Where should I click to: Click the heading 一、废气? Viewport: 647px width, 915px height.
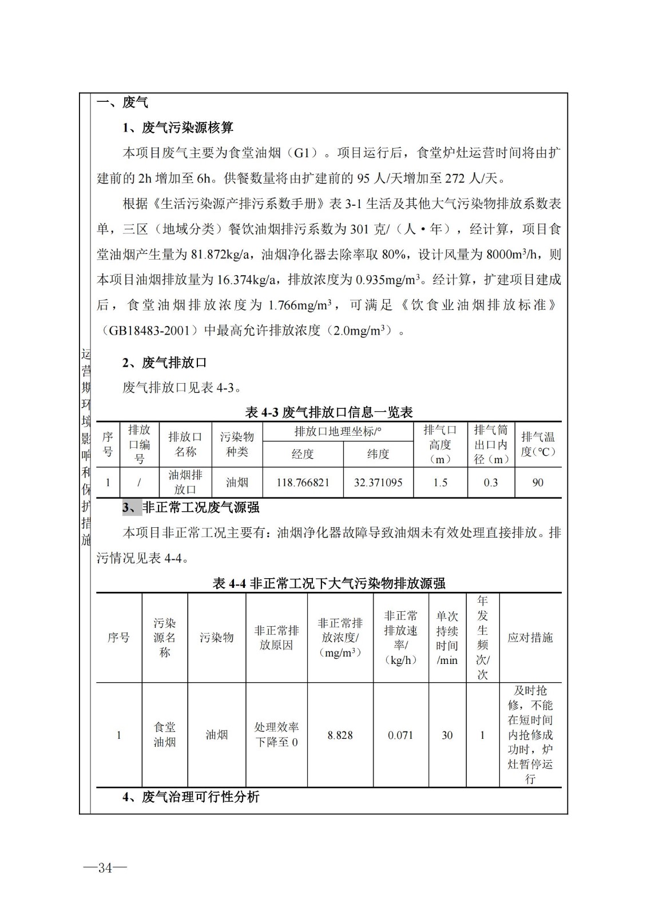[122, 102]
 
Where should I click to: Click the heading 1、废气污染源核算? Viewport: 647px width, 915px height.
[178, 128]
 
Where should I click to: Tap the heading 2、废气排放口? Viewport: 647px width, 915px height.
[165, 363]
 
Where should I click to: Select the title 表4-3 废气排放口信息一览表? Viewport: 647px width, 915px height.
[329, 412]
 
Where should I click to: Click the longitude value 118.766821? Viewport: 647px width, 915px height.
[303, 483]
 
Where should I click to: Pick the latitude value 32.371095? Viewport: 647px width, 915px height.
[378, 483]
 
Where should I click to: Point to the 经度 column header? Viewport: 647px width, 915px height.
[303, 454]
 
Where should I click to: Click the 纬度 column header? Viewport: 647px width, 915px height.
[378, 454]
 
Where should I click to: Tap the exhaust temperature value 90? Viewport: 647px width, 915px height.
[538, 483]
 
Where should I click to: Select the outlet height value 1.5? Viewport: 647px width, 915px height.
[440, 483]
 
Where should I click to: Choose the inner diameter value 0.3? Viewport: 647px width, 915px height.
[491, 483]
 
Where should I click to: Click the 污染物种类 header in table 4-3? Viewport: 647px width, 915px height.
[237, 444]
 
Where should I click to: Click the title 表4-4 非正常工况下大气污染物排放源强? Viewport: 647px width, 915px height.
[329, 583]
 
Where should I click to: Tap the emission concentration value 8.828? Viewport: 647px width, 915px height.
[340, 735]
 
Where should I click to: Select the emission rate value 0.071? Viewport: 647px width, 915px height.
[400, 735]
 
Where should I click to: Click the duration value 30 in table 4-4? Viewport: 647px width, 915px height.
[447, 735]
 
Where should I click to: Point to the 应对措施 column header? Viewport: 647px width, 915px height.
[530, 638]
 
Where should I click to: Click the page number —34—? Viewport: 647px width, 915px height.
[105, 868]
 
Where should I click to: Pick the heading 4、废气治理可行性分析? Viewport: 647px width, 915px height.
[190, 797]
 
